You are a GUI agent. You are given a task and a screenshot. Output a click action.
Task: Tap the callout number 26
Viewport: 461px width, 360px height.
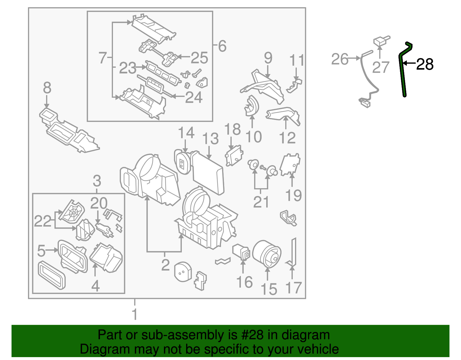(x=340, y=59)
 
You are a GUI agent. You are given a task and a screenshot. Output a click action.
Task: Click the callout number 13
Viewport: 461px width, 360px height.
(x=210, y=139)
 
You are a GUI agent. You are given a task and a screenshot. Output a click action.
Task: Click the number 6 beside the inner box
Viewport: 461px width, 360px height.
(x=222, y=46)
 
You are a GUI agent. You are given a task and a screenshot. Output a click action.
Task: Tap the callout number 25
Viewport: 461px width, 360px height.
(x=199, y=57)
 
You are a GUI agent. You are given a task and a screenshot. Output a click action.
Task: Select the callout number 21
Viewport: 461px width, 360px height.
(x=261, y=202)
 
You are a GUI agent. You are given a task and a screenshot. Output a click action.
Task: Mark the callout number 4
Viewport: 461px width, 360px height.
(x=95, y=286)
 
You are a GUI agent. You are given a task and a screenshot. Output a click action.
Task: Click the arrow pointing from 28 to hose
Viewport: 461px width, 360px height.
(x=409, y=63)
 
